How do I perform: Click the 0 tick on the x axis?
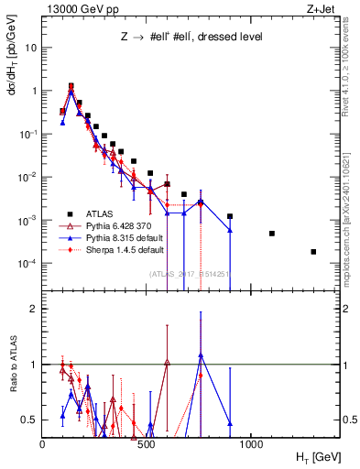43,442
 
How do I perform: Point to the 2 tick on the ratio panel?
32,309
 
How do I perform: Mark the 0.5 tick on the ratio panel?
29,420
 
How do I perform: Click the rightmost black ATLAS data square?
313,252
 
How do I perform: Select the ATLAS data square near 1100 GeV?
272,234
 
